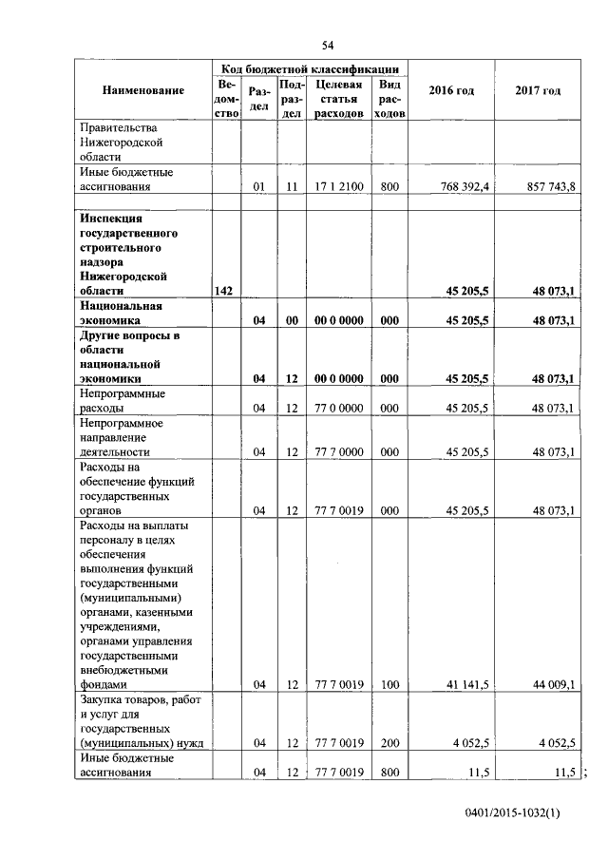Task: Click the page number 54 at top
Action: click(x=327, y=45)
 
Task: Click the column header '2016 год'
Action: click(x=451, y=90)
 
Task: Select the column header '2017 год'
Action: click(x=538, y=90)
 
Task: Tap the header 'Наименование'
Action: click(x=143, y=90)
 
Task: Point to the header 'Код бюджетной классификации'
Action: click(x=310, y=69)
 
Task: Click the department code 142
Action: click(x=224, y=291)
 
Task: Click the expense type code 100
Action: click(x=389, y=684)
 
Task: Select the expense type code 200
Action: click(x=389, y=742)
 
